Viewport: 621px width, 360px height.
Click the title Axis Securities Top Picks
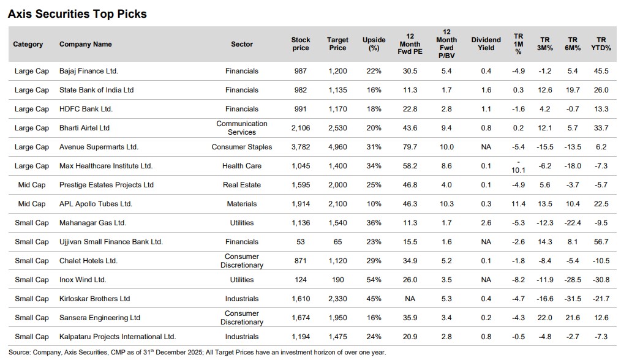(x=77, y=13)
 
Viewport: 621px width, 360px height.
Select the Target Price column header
(x=337, y=44)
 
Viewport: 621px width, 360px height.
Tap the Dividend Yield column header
(x=486, y=44)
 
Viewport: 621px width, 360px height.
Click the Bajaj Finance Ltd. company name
(x=89, y=71)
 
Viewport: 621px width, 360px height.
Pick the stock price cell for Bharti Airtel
(x=300, y=128)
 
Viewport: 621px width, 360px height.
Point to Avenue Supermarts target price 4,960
(x=337, y=147)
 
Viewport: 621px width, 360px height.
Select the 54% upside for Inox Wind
(x=374, y=280)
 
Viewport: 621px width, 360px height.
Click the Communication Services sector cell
(x=242, y=128)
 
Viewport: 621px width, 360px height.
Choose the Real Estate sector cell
(x=242, y=185)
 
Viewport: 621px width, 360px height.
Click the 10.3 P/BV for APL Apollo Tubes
(x=446, y=204)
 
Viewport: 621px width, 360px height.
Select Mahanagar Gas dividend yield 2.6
(x=486, y=223)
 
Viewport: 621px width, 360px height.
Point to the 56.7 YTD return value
(x=601, y=242)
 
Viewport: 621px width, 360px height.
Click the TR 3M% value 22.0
(x=544, y=318)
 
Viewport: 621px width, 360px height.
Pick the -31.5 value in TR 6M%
(x=573, y=299)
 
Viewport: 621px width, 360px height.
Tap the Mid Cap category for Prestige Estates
(x=32, y=185)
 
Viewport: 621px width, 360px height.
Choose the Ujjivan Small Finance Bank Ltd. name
(x=111, y=242)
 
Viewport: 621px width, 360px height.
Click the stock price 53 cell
(x=300, y=242)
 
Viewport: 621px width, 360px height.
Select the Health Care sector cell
(x=242, y=166)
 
